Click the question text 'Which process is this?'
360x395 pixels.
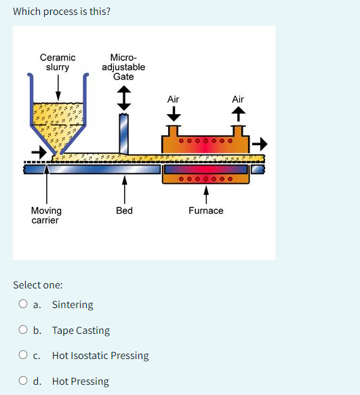tap(62, 12)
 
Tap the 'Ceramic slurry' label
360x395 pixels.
tap(58, 62)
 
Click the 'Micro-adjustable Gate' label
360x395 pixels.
tap(123, 67)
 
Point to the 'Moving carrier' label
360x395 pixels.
tap(46, 215)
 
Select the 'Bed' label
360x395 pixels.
tap(124, 210)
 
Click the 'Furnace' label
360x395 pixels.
tap(205, 210)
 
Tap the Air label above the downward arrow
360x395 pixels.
tap(173, 99)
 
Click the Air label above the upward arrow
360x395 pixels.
tap(238, 99)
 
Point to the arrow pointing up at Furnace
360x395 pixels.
tap(205, 193)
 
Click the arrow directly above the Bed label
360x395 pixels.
tap(124, 187)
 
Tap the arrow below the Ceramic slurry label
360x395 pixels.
tap(58, 86)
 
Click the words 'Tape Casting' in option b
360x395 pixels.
tap(81, 331)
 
